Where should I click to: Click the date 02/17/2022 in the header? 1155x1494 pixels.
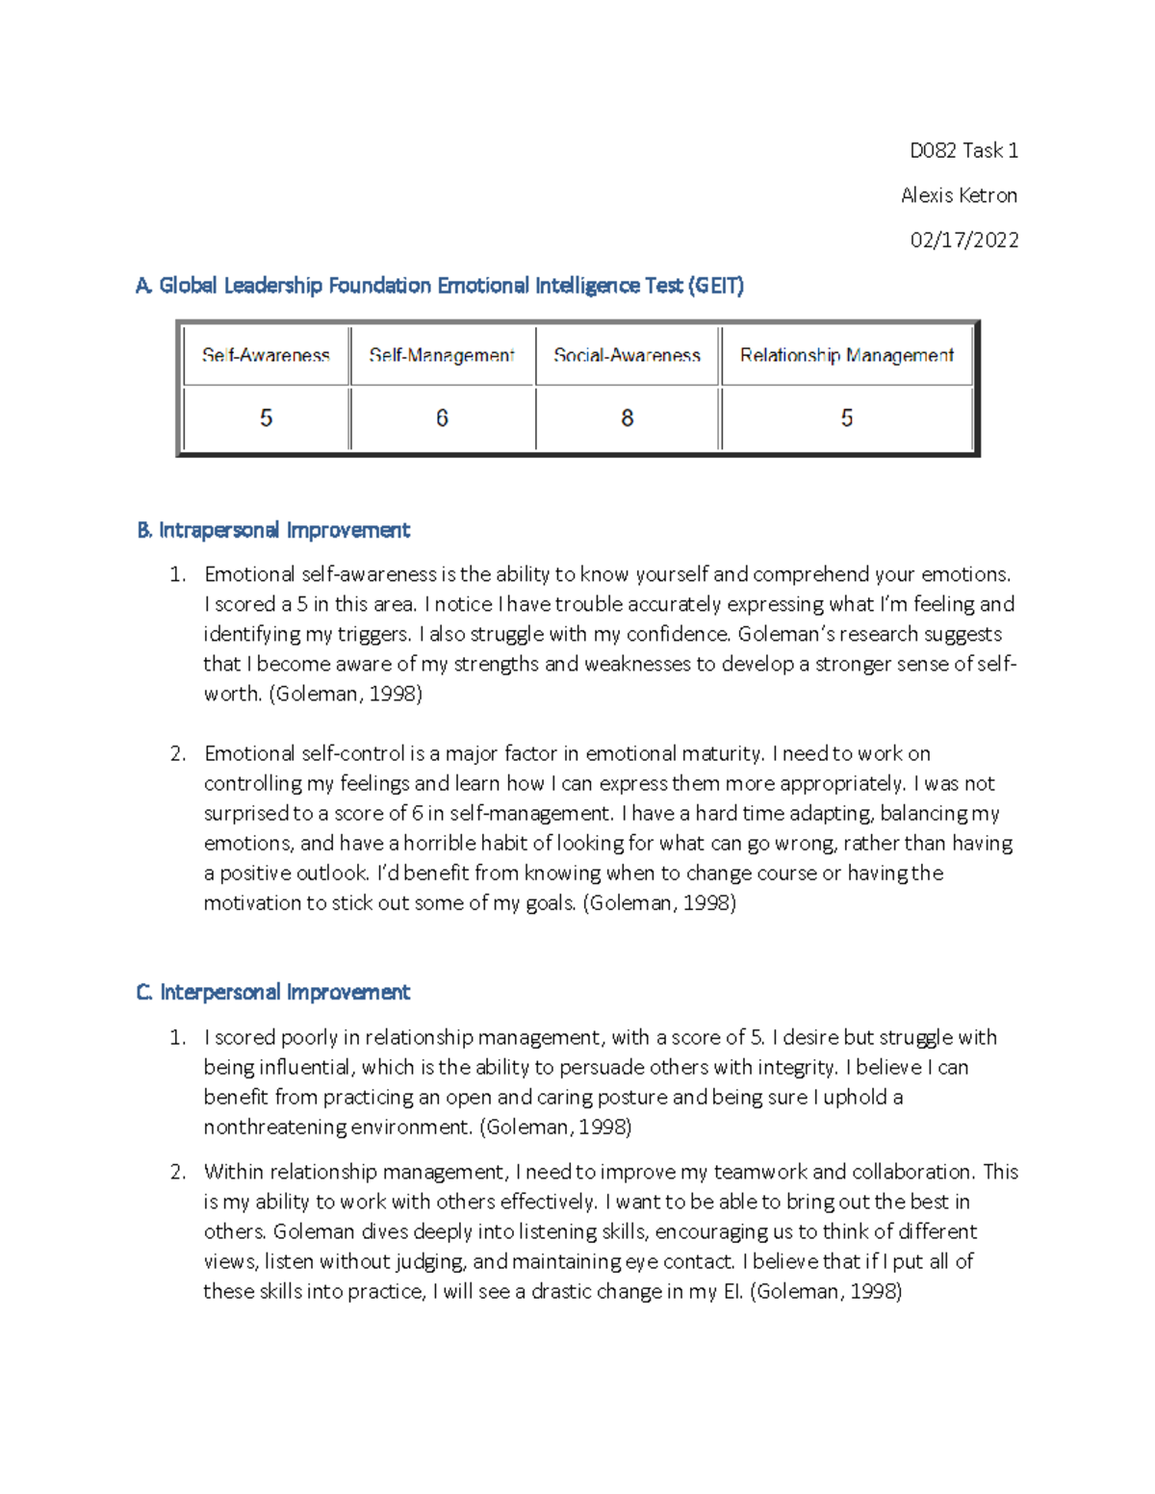pyautogui.click(x=963, y=241)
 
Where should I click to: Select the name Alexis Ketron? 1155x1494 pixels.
pyautogui.click(x=959, y=195)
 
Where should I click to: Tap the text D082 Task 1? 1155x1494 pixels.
pyautogui.click(x=963, y=150)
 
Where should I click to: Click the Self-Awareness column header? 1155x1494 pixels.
pyautogui.click(x=266, y=355)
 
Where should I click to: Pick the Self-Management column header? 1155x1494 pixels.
pyautogui.click(x=442, y=355)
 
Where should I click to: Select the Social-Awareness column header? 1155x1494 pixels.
pyautogui.click(x=627, y=355)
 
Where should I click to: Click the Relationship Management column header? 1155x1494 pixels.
pyautogui.click(x=846, y=355)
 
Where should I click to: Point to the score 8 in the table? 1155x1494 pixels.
pyautogui.click(x=627, y=418)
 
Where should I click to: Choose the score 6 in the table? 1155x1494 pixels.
pyautogui.click(x=442, y=418)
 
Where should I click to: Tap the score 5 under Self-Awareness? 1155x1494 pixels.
pyautogui.click(x=266, y=418)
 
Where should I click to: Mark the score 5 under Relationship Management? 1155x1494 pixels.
pyautogui.click(x=846, y=418)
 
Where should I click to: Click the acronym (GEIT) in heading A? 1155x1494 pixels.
pyautogui.click(x=715, y=286)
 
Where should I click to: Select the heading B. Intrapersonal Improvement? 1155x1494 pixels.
pyautogui.click(x=273, y=530)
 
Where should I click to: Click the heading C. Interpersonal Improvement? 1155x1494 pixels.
pyautogui.click(x=273, y=992)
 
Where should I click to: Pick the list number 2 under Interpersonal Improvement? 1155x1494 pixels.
pyautogui.click(x=177, y=1172)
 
